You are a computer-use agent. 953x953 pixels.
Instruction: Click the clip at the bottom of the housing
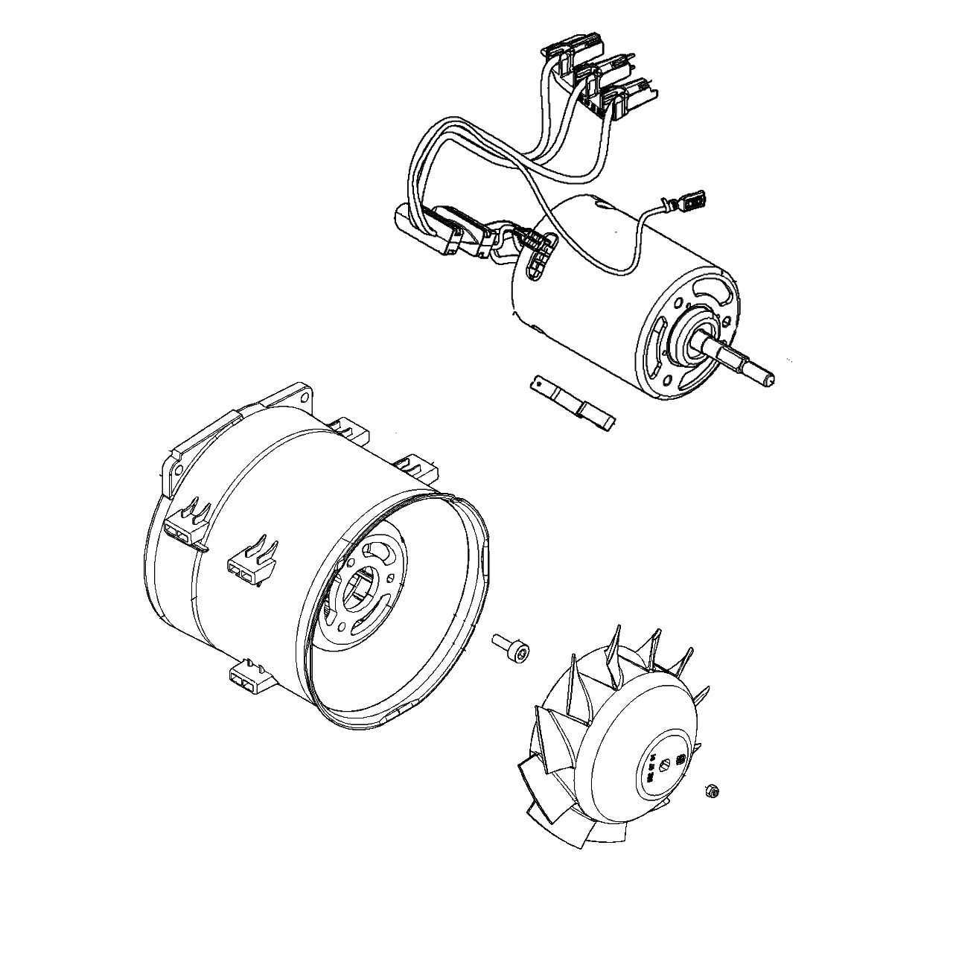(x=248, y=679)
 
